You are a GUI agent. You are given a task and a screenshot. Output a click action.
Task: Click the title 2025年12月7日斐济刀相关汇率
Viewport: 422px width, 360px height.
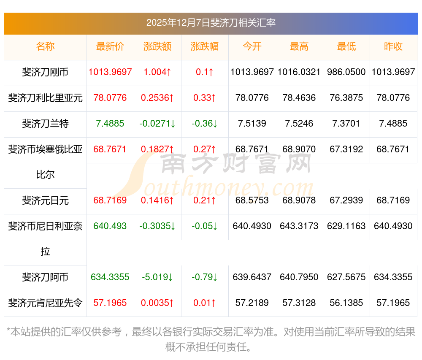(x=211, y=23)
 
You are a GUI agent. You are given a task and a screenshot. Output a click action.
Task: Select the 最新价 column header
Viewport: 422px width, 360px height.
(x=110, y=47)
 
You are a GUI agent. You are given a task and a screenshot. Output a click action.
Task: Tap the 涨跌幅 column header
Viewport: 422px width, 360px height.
(x=205, y=47)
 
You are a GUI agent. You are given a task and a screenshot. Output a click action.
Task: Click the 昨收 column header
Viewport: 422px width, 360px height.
(x=393, y=47)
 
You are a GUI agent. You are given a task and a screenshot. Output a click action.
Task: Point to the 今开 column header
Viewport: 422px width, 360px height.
(x=252, y=47)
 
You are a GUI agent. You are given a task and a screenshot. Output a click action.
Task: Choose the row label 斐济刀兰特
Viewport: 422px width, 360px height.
(x=45, y=124)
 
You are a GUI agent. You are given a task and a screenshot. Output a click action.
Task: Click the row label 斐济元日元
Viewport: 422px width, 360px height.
(x=45, y=200)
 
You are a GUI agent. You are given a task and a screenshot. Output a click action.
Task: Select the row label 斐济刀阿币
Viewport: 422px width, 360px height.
(x=45, y=277)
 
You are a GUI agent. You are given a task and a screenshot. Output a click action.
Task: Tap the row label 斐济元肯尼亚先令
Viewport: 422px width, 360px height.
(x=45, y=303)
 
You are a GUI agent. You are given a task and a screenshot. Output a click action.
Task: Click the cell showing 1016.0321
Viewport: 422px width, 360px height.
(x=299, y=72)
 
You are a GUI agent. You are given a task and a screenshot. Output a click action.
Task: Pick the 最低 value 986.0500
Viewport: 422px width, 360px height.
(x=346, y=72)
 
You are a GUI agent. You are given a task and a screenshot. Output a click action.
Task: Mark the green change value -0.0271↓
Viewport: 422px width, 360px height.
(x=157, y=124)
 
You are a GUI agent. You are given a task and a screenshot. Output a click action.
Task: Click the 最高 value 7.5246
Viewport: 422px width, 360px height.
(x=299, y=124)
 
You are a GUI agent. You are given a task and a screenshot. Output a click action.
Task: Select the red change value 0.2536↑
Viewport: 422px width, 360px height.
(x=157, y=98)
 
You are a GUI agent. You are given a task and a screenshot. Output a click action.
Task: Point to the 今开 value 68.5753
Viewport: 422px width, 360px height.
(x=252, y=200)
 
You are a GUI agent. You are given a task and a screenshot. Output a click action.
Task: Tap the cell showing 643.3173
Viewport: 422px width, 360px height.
(x=299, y=226)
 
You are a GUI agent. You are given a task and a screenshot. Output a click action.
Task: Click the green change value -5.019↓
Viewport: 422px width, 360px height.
(x=157, y=277)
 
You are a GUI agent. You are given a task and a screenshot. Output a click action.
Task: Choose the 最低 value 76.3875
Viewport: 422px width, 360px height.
(x=346, y=98)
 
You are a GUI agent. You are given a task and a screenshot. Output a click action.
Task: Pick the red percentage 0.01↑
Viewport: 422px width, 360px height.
(x=205, y=303)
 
